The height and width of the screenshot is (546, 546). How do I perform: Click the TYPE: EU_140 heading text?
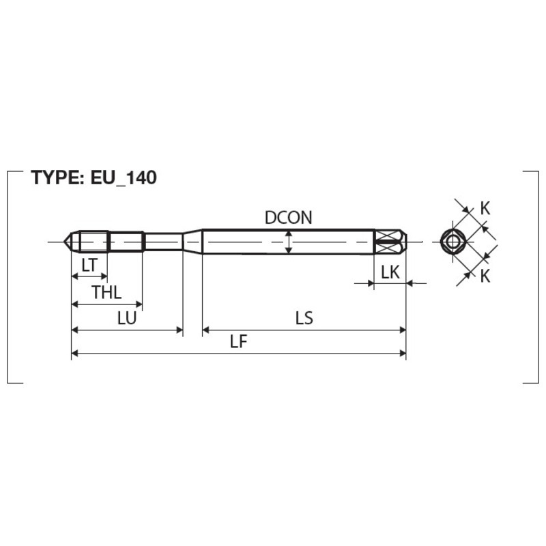pos(94,177)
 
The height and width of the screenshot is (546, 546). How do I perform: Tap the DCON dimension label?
pos(288,218)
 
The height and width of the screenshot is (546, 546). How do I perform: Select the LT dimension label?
pos(89,265)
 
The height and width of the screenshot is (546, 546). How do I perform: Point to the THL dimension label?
pos(106,292)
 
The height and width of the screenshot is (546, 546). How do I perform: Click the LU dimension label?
pos(127,318)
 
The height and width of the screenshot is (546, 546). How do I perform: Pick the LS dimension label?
pos(304,318)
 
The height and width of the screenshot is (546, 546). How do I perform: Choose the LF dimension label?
pos(238,342)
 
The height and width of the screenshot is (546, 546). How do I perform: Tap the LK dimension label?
pos(390,272)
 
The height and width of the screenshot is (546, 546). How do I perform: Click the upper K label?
pos(485,209)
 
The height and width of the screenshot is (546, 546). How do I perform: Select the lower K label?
pos(485,276)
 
